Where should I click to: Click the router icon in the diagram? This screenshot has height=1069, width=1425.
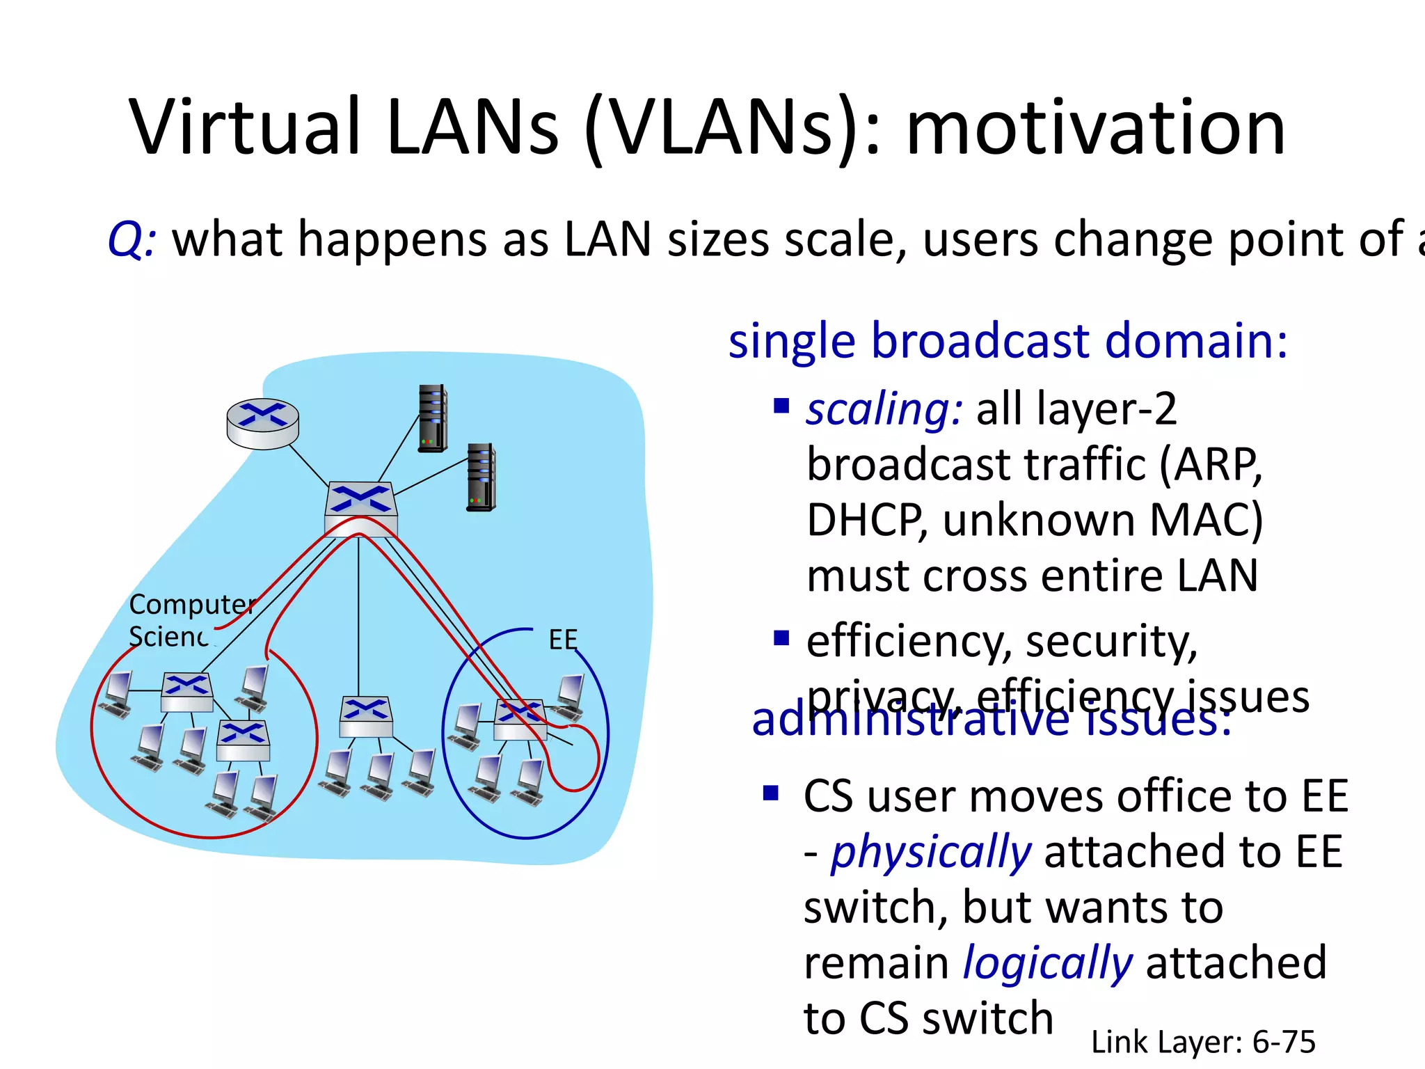coord(262,423)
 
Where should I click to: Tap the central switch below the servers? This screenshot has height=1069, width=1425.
coord(360,508)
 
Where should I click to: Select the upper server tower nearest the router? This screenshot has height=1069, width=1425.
coord(432,418)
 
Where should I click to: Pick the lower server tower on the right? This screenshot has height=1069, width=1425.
coord(481,477)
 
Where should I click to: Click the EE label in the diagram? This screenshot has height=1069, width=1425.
coord(562,640)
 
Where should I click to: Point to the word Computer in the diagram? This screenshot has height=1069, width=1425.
coord(192,604)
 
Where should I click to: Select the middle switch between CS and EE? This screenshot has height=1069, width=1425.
coord(365,717)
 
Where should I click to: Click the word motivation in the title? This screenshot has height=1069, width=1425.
coord(1095,127)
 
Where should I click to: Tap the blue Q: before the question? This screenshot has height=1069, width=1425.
coord(132,239)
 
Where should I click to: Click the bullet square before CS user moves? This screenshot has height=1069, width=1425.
coord(770,793)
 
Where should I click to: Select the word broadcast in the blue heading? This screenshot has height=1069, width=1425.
coord(981,341)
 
